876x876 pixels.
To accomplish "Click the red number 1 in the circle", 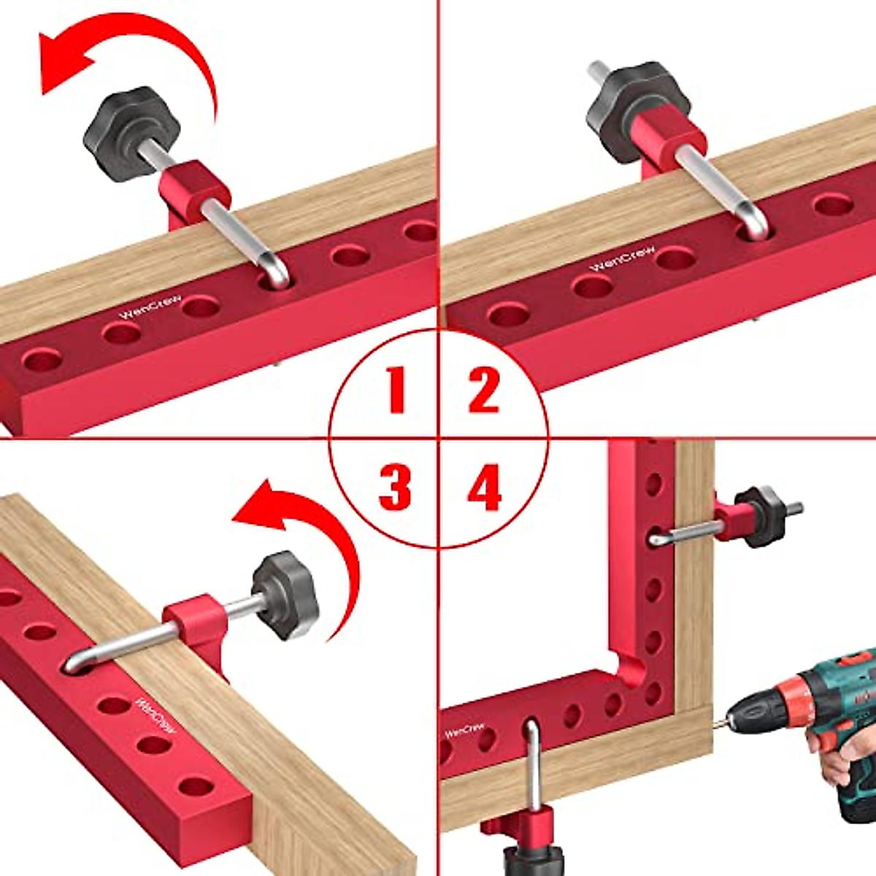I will (x=396, y=391).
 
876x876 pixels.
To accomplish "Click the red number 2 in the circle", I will (x=483, y=391).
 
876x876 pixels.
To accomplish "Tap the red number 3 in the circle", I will (x=395, y=488).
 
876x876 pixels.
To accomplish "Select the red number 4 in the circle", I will (x=484, y=488).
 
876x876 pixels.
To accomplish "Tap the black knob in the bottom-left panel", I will (x=285, y=595).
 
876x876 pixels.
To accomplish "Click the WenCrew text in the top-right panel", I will (x=622, y=258).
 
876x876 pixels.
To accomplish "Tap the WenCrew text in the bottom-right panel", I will (x=464, y=729).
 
